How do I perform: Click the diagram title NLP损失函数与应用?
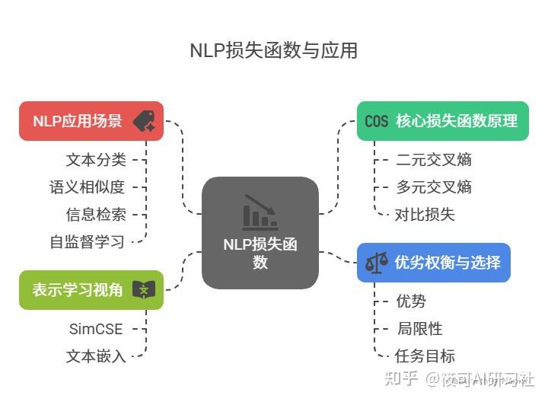click(273, 51)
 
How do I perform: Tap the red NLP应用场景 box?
click(91, 121)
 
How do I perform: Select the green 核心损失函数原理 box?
click(442, 121)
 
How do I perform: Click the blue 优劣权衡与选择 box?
click(433, 263)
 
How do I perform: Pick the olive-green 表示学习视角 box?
click(91, 290)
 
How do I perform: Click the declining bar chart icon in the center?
click(260, 213)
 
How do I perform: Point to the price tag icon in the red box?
click(143, 122)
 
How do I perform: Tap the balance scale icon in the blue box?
click(376, 263)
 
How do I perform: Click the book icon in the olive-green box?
click(143, 290)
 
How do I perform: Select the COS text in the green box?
click(376, 122)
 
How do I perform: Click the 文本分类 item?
click(96, 160)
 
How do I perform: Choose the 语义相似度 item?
click(88, 187)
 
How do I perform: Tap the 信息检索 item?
click(96, 215)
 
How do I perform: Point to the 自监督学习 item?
click(88, 242)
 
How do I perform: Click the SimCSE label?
click(96, 329)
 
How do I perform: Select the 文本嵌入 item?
click(96, 356)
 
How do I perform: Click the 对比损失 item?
click(425, 215)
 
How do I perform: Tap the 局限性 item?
click(419, 329)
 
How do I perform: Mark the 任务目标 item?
click(425, 356)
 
